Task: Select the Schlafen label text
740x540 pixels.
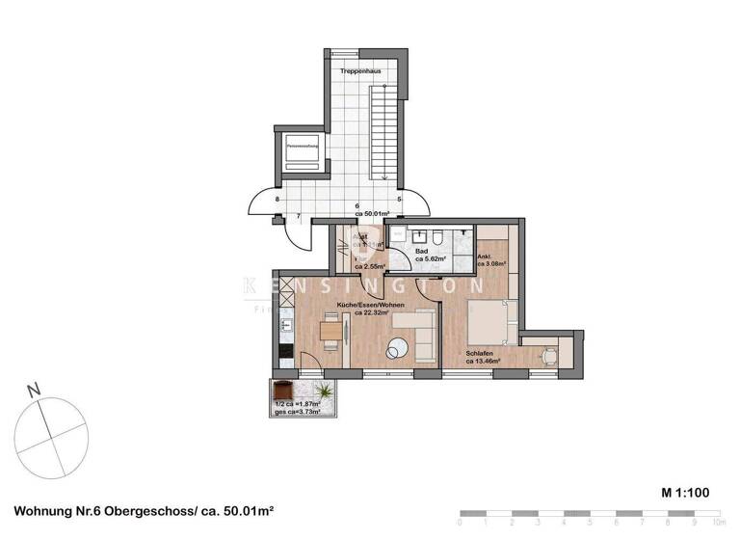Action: click(480, 354)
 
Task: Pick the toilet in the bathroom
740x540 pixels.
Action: click(436, 237)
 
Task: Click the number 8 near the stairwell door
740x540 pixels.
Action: click(277, 200)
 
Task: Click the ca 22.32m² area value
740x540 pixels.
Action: click(370, 312)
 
